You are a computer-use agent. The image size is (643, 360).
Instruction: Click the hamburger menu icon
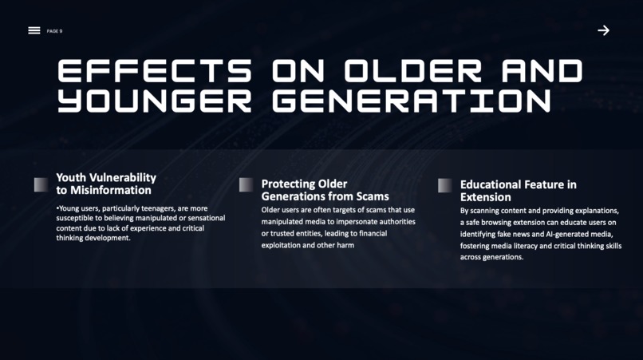[x=34, y=30]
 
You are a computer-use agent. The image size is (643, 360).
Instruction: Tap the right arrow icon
[x=603, y=30]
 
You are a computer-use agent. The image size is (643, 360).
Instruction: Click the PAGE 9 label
[x=54, y=31]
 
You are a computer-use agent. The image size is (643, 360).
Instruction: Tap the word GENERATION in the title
[x=411, y=101]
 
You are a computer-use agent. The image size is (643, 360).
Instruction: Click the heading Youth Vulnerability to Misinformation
[x=105, y=184]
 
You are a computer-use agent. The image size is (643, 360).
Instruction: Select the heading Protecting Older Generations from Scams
[x=325, y=190]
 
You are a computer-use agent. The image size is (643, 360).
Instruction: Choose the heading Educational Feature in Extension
[x=518, y=190]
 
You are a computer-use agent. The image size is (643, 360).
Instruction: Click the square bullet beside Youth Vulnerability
[x=41, y=184]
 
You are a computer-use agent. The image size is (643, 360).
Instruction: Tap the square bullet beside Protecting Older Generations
[x=246, y=184]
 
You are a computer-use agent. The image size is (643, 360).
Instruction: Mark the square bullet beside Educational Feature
[x=444, y=185]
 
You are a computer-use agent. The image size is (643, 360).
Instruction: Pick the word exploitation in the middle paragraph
[x=282, y=246]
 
